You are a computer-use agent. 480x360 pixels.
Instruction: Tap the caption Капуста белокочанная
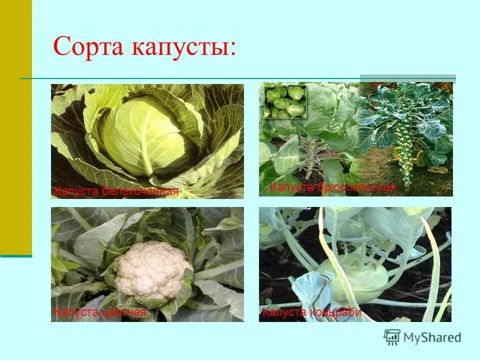pyautogui.click(x=116, y=191)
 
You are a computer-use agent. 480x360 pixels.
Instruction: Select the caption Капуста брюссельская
pyautogui.click(x=332, y=187)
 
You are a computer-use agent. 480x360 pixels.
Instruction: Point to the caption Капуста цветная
pyautogui.click(x=100, y=312)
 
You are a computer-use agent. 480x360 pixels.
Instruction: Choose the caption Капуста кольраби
pyautogui.click(x=311, y=312)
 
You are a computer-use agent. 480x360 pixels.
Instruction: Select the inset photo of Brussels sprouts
pyautogui.click(x=285, y=101)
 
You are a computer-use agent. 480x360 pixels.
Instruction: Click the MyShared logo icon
pyautogui.click(x=392, y=337)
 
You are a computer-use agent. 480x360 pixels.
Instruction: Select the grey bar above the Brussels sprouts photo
pyautogui.click(x=407, y=78)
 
